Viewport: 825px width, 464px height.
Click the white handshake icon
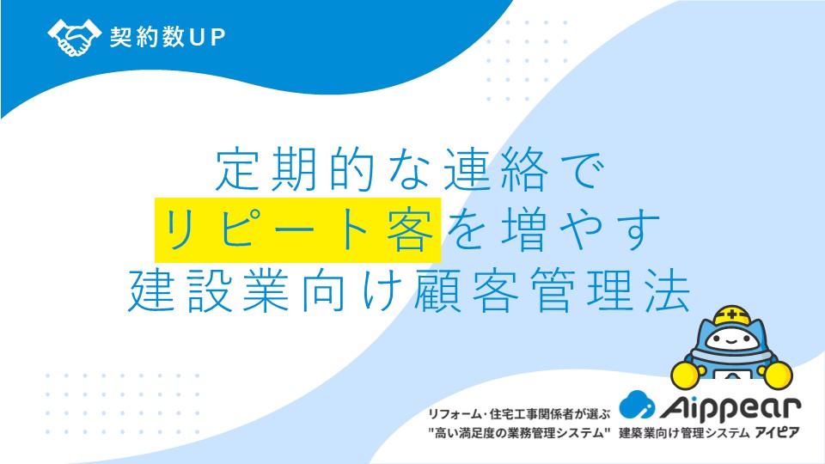[x=74, y=37]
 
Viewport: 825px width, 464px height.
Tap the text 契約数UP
[x=168, y=37]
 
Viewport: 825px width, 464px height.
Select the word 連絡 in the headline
[x=496, y=169]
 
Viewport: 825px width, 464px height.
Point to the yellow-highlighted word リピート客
[x=298, y=230]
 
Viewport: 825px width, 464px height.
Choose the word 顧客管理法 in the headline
[x=552, y=290]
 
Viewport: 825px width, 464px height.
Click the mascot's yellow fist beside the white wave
[x=686, y=374]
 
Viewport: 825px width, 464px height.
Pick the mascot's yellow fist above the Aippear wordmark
[x=777, y=374]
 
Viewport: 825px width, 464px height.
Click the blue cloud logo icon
[x=637, y=405]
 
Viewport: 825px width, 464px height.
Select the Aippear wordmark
[x=730, y=408]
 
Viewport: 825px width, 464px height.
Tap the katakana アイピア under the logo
[x=777, y=433]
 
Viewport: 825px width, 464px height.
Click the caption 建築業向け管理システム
[x=683, y=433]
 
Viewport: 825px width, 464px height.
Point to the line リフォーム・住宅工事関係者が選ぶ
[x=518, y=414]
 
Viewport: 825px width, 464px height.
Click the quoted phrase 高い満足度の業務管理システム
[x=519, y=433]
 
